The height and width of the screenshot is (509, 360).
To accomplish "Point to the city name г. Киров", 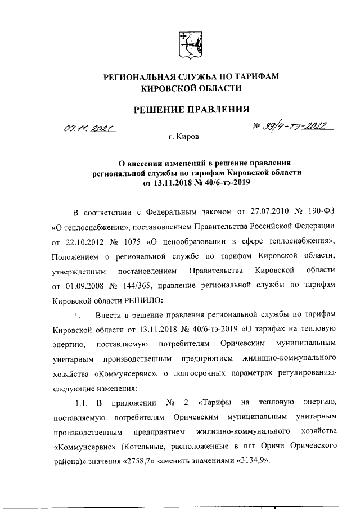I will click(x=183, y=136).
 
